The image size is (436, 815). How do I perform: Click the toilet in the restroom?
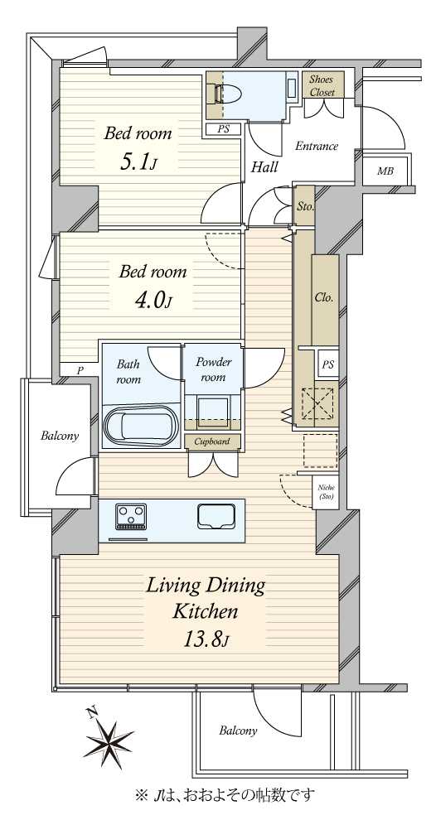coord(228,94)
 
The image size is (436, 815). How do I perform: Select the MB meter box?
coord(385,171)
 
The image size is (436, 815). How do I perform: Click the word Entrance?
coord(317,146)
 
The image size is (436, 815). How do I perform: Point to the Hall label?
coord(264,167)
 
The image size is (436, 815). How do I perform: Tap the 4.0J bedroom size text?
coord(153,300)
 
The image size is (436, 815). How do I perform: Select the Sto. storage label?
coord(305,207)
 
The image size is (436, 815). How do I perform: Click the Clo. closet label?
coord(324,298)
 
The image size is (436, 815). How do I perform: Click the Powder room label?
coord(213,369)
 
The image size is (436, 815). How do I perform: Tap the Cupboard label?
coord(212,441)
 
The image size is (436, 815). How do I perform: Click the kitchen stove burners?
coord(131,516)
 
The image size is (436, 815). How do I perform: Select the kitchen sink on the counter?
coord(216,517)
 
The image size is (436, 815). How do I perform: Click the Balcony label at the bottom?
coord(238,731)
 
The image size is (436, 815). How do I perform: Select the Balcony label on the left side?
coord(60,436)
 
